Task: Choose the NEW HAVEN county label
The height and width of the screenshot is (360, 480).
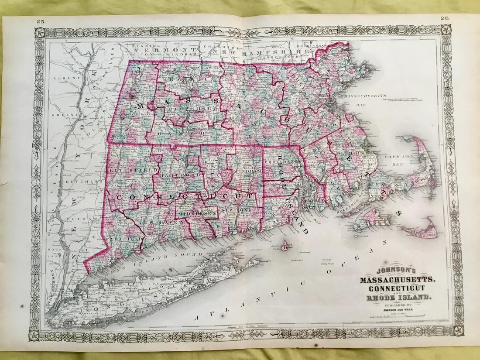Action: (151, 223)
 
